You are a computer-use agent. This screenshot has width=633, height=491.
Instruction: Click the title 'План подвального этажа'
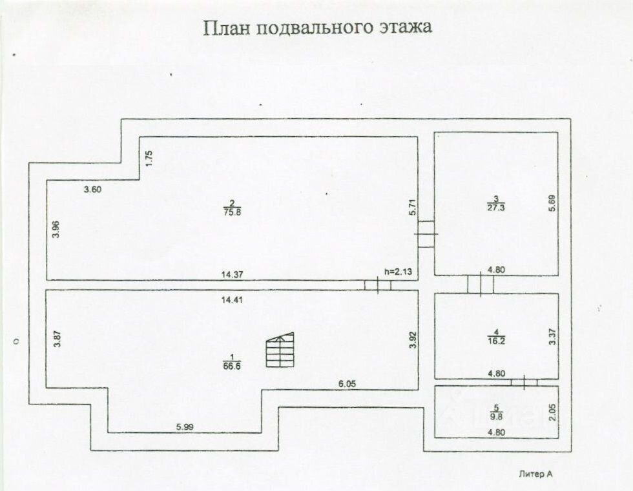click(x=317, y=28)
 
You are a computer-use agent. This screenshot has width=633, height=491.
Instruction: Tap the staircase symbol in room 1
click(x=280, y=350)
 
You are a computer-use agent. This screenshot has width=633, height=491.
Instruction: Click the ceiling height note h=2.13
click(x=398, y=272)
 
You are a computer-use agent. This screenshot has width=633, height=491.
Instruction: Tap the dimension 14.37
click(x=232, y=274)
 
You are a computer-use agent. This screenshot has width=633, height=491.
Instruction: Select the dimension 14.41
click(x=232, y=300)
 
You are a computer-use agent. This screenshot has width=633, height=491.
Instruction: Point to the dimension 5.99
click(x=185, y=427)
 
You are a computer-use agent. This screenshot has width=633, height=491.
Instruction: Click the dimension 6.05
click(x=348, y=384)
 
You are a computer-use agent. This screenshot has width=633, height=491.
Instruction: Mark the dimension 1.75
click(x=149, y=159)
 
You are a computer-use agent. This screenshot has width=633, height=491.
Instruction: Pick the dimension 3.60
click(x=92, y=189)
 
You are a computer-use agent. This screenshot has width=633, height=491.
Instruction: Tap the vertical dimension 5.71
click(x=412, y=207)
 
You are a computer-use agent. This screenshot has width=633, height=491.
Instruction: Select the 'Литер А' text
click(x=535, y=474)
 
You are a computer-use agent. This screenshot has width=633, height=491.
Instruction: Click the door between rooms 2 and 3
click(x=426, y=234)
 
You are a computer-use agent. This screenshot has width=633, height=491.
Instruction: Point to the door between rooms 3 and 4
click(x=481, y=285)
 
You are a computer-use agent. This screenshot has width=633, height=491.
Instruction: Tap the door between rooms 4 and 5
click(x=524, y=382)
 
